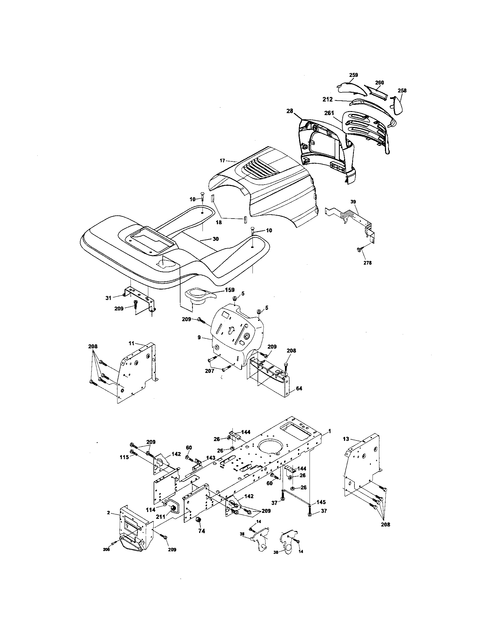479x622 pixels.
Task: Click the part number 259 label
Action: pyautogui.click(x=353, y=75)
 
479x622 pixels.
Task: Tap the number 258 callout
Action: pyautogui.click(x=402, y=90)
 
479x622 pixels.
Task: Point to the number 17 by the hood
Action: pyautogui.click(x=223, y=161)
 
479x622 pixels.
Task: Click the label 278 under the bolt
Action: pyautogui.click(x=367, y=263)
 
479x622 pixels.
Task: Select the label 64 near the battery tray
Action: pyautogui.click(x=299, y=388)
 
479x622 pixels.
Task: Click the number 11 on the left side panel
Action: pyautogui.click(x=131, y=344)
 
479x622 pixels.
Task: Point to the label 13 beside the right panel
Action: pyautogui.click(x=346, y=439)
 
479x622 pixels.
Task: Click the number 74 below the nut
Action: pyautogui.click(x=201, y=531)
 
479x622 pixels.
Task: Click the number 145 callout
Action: pyautogui.click(x=321, y=502)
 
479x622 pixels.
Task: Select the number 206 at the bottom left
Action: pyautogui.click(x=106, y=550)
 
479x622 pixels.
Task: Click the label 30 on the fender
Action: pyautogui.click(x=215, y=239)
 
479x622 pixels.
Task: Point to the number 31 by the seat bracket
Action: pyautogui.click(x=108, y=298)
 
